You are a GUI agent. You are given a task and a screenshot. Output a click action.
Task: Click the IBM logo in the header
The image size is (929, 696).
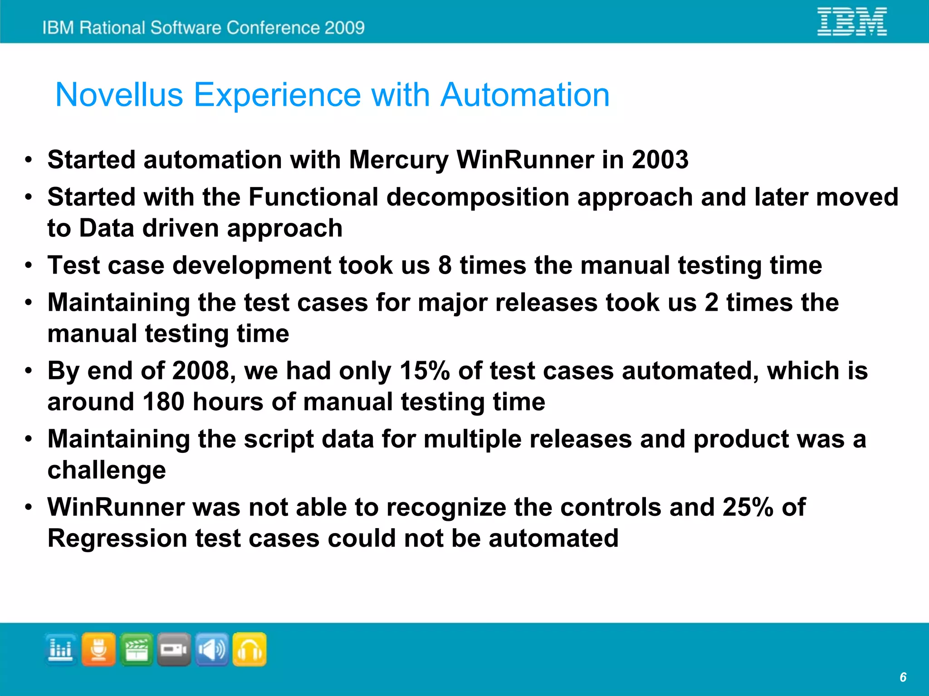pyautogui.click(x=852, y=21)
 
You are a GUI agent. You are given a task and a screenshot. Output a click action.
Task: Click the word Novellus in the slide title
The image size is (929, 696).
pyautogui.click(x=119, y=95)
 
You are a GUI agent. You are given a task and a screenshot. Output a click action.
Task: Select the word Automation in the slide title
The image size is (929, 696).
pyautogui.click(x=525, y=95)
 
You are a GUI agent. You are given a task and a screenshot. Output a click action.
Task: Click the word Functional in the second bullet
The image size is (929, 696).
pyautogui.click(x=313, y=197)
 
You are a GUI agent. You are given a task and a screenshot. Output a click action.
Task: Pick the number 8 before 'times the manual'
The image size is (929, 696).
pyautogui.click(x=445, y=265)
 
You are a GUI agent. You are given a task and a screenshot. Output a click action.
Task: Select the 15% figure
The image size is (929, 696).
pyautogui.click(x=425, y=371)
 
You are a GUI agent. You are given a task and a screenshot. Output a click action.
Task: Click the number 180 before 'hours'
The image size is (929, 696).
pyautogui.click(x=163, y=402)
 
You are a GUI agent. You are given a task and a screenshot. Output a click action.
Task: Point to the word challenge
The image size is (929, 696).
pyautogui.click(x=107, y=471)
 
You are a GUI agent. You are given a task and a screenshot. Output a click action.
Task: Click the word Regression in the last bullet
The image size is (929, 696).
pyautogui.click(x=117, y=539)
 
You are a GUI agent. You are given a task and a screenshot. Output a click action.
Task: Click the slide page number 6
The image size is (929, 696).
pyautogui.click(x=903, y=677)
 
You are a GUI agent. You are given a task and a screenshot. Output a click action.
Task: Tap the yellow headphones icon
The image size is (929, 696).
pyautogui.click(x=249, y=650)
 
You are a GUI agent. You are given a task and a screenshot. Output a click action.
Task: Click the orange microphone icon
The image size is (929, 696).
pyautogui.click(x=98, y=650)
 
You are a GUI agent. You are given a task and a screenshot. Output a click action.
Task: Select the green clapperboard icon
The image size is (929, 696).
pyautogui.click(x=136, y=650)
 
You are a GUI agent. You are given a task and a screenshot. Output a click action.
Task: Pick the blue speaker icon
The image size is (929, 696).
pyautogui.click(x=212, y=650)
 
